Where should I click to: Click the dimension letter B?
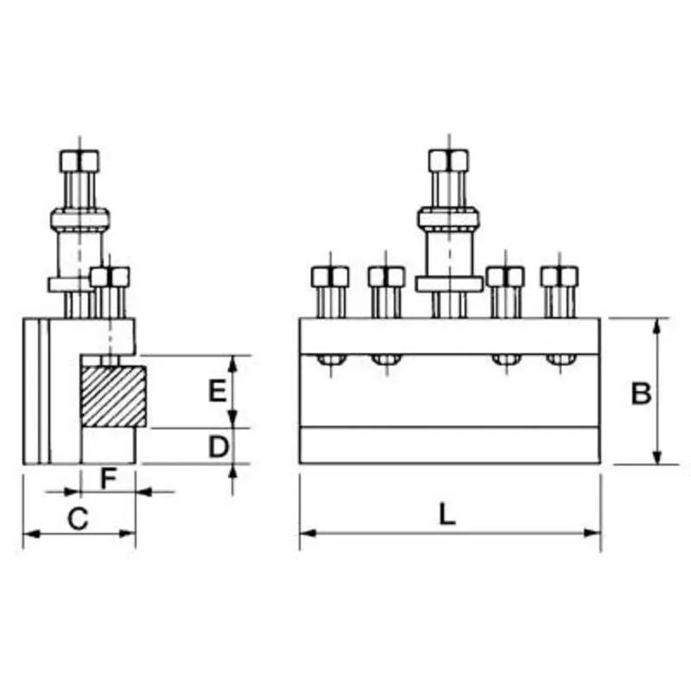(640, 393)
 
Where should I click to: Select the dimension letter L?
(446, 515)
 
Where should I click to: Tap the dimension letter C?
(78, 518)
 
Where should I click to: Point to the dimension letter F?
(108, 477)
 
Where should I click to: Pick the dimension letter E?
(218, 391)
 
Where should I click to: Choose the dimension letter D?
(219, 446)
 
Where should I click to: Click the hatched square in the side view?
(113, 396)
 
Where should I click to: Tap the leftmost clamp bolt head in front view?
(330, 276)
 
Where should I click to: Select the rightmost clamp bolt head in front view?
(560, 276)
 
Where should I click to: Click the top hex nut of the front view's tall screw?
(449, 161)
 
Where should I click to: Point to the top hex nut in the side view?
(79, 161)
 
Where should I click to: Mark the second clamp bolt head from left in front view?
(386, 276)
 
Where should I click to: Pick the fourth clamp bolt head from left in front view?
(505, 276)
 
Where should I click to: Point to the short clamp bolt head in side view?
(111, 276)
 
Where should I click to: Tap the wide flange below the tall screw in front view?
(449, 284)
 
